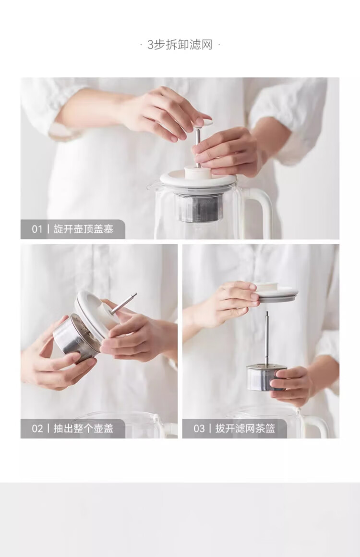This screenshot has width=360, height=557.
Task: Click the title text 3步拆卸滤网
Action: click(x=180, y=45)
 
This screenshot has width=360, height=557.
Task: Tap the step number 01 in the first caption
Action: click(x=37, y=229)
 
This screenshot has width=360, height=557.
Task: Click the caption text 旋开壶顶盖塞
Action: click(x=84, y=229)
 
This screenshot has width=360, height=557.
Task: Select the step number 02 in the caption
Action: click(x=37, y=428)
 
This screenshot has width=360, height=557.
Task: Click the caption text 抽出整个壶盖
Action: click(x=84, y=428)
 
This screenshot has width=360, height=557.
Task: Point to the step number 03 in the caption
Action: click(x=199, y=428)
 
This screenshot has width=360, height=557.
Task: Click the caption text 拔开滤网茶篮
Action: click(x=245, y=428)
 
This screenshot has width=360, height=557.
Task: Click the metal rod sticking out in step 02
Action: click(x=123, y=303)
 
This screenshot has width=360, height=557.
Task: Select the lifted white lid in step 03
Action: click(x=274, y=294)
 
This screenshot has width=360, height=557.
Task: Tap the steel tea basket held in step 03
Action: click(x=265, y=377)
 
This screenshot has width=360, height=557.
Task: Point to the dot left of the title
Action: click(x=141, y=45)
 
